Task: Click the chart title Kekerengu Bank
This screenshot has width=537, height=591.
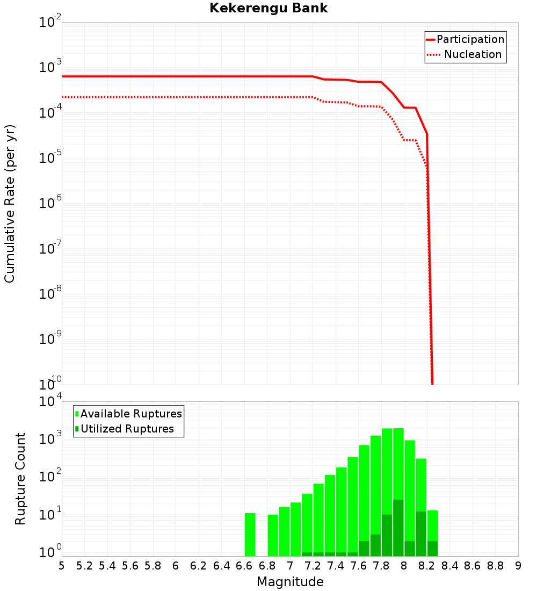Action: tap(268, 8)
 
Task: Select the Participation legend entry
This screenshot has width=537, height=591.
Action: tap(465, 40)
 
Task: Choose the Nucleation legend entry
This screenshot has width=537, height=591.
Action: tap(465, 55)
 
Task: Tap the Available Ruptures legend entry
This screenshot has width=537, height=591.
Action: tap(129, 414)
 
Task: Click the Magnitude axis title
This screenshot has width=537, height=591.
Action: tap(290, 582)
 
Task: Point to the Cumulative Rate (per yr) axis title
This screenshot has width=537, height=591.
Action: tap(10, 204)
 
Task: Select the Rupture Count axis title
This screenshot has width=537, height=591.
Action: tap(20, 479)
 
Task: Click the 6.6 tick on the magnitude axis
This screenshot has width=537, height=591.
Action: tap(244, 566)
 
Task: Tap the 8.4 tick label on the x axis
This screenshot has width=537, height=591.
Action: tap(449, 566)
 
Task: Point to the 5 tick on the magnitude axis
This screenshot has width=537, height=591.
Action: tap(62, 566)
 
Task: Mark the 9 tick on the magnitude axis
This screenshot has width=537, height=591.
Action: tap(518, 566)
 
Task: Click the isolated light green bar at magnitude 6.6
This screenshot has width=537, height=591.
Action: tap(250, 535)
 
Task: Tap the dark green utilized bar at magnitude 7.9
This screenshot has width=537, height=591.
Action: tap(398, 528)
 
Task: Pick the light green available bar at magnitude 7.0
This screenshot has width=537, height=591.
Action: tap(295, 529)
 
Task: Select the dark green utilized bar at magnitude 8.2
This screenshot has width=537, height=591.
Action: tap(421, 534)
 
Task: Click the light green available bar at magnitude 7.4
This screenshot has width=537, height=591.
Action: tap(341, 510)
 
